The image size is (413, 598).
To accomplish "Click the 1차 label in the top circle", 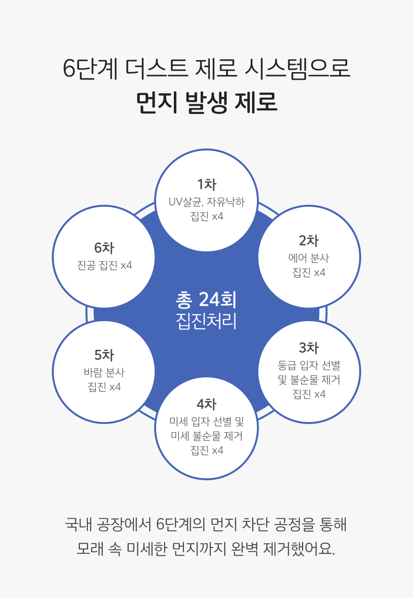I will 206,185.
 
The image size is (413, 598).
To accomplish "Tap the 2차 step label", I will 309,241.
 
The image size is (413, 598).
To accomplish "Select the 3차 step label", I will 309,348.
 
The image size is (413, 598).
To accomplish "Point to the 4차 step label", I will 206,404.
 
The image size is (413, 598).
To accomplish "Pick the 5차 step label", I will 104,355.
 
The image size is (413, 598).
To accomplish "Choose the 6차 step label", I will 104,248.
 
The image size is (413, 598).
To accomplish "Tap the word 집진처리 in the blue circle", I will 206,321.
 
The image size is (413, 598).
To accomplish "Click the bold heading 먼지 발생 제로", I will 206,102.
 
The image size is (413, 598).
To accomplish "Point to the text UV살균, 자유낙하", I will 206,202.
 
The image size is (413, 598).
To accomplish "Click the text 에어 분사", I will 309,258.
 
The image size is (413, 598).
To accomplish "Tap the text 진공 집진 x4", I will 104,265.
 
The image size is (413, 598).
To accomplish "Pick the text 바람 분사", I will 104,373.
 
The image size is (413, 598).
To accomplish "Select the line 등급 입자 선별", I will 309,365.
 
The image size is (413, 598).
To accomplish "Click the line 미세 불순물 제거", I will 206,436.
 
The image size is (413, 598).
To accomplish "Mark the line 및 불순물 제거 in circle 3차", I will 309,379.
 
